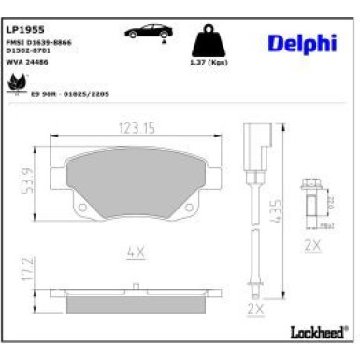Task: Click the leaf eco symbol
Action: point(19,84)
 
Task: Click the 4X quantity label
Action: point(136,250)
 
